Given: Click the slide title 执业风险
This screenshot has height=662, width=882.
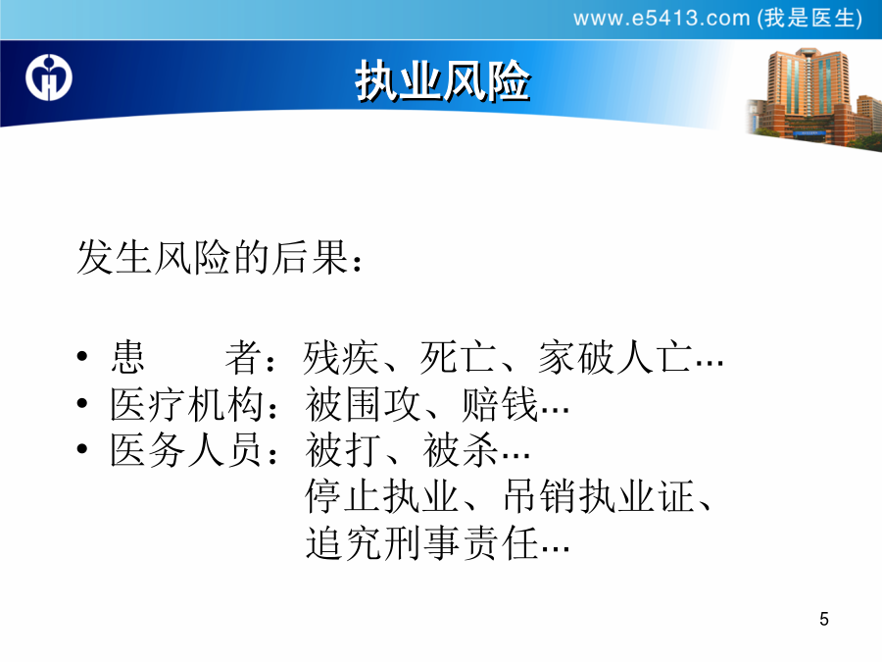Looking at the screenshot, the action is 442,80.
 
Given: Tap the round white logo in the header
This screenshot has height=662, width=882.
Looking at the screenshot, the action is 49,77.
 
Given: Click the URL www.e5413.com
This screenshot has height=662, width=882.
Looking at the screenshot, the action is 661,19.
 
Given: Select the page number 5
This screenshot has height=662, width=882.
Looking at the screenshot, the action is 824,619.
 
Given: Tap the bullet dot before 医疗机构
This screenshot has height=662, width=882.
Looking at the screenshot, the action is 82,403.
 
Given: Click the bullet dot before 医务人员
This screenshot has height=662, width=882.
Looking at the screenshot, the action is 82,448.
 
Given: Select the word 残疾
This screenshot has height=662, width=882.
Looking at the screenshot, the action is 341,357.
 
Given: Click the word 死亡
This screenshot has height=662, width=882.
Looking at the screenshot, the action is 458,357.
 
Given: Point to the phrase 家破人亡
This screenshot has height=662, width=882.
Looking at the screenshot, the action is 614,357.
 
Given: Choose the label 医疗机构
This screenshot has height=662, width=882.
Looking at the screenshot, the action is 186,404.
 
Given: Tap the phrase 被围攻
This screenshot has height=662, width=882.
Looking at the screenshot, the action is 364,404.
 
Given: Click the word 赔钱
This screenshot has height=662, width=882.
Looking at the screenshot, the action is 499,404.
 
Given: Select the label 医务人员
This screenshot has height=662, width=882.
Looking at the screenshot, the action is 186,450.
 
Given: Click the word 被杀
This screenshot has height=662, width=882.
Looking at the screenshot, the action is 461,450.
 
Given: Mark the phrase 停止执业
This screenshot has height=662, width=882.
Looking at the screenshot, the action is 382,496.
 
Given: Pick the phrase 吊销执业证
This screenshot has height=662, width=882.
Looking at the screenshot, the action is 598,496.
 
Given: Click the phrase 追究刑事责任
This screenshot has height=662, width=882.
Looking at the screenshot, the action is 421,542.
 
